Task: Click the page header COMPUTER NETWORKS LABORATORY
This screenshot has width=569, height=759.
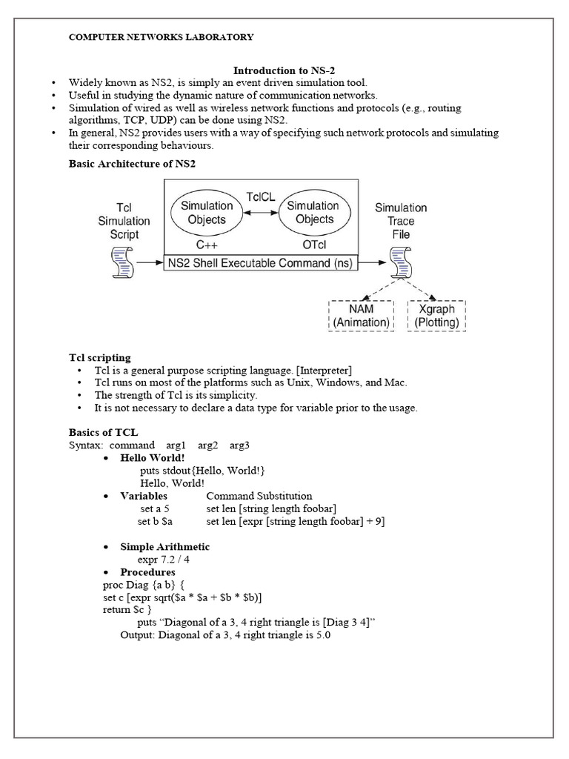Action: pos(161,37)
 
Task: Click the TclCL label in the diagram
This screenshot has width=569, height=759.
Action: pos(262,196)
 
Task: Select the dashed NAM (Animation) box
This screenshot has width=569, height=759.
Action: pos(361,315)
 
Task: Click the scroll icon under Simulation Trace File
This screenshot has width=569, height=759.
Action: pos(400,262)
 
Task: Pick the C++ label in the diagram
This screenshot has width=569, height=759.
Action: pos(207,242)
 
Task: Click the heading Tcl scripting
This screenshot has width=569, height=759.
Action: pos(100,358)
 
